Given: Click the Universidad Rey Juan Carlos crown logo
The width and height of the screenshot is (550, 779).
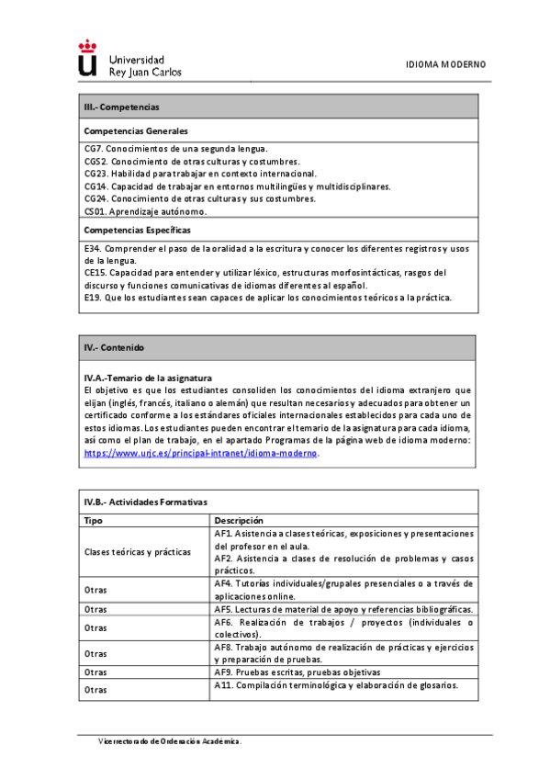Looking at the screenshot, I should pyautogui.click(x=87, y=57).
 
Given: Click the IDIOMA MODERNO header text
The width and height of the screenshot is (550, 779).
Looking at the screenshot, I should pyautogui.click(x=445, y=64).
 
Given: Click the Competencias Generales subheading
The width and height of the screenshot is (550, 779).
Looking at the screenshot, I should pyautogui.click(x=135, y=130).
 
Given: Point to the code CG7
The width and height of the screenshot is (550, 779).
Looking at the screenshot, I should pyautogui.click(x=92, y=148).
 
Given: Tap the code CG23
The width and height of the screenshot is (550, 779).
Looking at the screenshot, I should pyautogui.click(x=95, y=173).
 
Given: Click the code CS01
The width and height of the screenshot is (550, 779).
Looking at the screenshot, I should pyautogui.click(x=94, y=210).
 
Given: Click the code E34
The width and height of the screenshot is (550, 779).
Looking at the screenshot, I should pyautogui.click(x=91, y=248).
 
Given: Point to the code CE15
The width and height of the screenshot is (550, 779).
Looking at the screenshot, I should pyautogui.click(x=94, y=273).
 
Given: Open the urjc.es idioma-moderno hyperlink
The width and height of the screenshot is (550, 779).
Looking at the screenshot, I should pyautogui.click(x=201, y=453).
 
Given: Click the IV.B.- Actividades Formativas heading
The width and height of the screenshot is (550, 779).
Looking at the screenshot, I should pyautogui.click(x=145, y=502).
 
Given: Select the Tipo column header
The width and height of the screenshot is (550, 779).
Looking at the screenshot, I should pyautogui.click(x=93, y=520).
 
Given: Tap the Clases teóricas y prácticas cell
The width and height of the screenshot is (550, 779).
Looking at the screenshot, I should pyautogui.click(x=137, y=551).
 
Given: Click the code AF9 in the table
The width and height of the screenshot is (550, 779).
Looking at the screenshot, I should pyautogui.click(x=223, y=672).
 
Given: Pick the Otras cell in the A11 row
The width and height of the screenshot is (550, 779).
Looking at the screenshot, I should pyautogui.click(x=95, y=688).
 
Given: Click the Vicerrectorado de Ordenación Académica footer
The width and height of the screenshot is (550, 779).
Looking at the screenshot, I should pyautogui.click(x=171, y=740).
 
